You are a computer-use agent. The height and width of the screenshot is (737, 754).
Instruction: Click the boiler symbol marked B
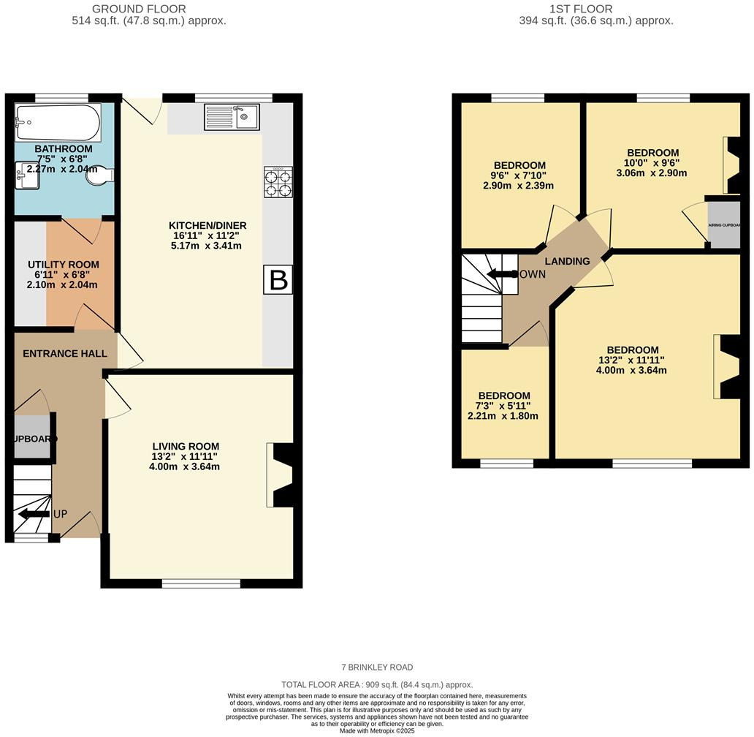pyautogui.click(x=278, y=280)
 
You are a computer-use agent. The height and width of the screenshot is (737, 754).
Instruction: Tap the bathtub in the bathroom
pyautogui.click(x=57, y=123)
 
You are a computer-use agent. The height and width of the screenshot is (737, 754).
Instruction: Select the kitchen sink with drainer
pyautogui.click(x=232, y=116)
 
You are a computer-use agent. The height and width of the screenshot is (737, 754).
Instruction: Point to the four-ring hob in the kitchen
pyautogui.click(x=278, y=182)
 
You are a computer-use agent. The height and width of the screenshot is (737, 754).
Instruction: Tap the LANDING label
pyautogui.click(x=568, y=261)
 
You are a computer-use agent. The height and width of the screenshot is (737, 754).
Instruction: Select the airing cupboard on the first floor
pyautogui.click(x=723, y=224)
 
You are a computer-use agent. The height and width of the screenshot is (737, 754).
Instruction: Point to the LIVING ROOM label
pyautogui.click(x=186, y=446)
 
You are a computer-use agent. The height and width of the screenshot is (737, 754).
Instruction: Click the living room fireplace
pyautogui.click(x=281, y=475)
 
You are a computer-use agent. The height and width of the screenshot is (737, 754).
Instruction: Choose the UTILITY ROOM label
pyautogui.click(x=64, y=264)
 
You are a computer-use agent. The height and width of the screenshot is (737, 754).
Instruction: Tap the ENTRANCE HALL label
pyautogui.click(x=65, y=353)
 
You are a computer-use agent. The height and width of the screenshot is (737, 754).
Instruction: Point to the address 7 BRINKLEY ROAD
pyautogui.click(x=377, y=667)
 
